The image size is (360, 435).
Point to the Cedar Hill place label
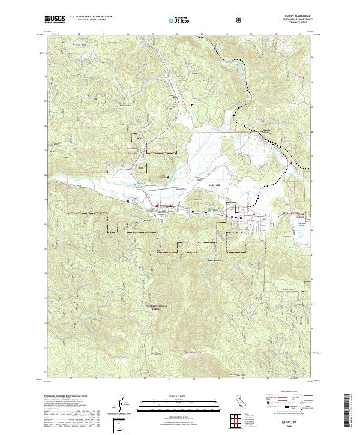pos(214,185)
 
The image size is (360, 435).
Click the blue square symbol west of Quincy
pos(128,200)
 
